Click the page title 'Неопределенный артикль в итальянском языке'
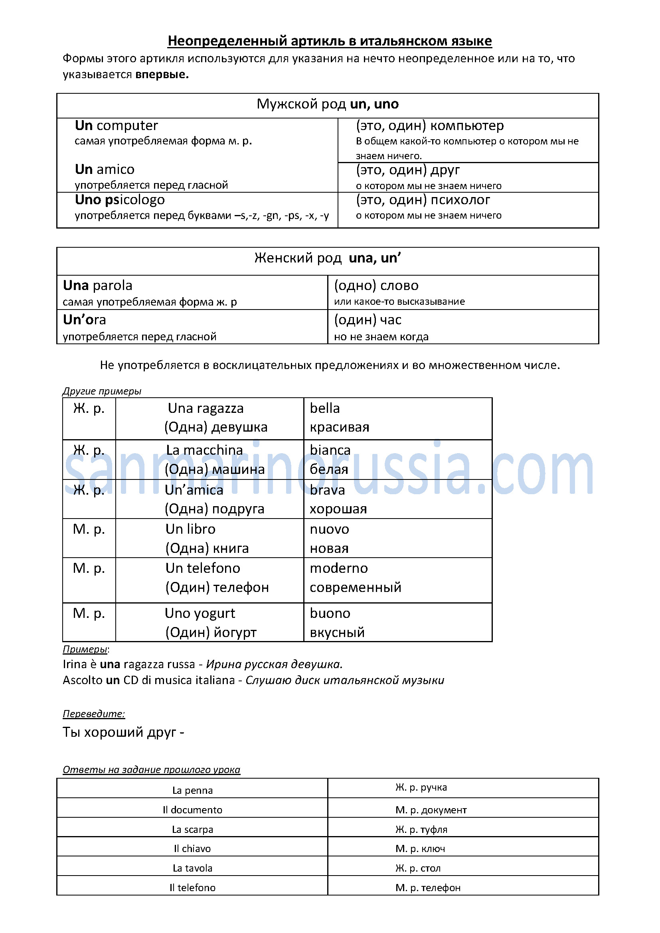pos(330,41)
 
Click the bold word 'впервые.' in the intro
pos(162,75)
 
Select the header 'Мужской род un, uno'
pos(328,105)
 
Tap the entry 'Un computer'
pos(116,126)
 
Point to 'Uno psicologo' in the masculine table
pos(120,200)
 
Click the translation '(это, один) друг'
pos(408,170)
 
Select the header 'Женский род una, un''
pos(328,258)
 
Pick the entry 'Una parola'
pos(97,286)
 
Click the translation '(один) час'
pos(368,320)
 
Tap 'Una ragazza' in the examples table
pos(206,408)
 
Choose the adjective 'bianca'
pos(330,450)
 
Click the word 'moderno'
pos(338,568)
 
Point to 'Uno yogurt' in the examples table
pos(200,613)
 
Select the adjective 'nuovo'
pos(329,529)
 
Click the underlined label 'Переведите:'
pos(94,714)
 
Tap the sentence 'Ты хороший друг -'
pos(124,732)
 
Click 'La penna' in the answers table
pos(192,790)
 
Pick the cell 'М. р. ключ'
pos(420,848)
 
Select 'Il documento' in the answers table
pos(192,810)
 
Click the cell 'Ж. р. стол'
pos(418,868)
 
